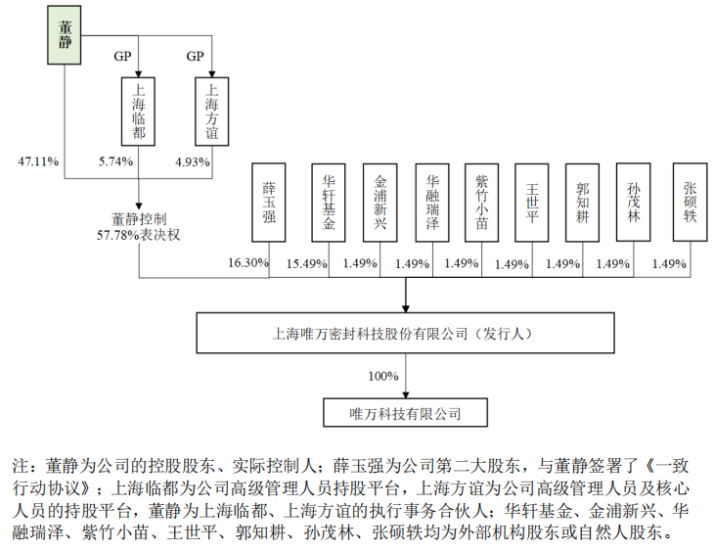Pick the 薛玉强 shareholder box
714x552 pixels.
pyautogui.click(x=269, y=202)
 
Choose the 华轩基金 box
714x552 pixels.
pyautogui.click(x=330, y=202)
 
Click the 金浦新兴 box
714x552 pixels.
pyautogui.click(x=380, y=202)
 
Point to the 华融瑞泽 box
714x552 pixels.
pyautogui.click(x=433, y=202)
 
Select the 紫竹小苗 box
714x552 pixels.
pyautogui.click(x=482, y=202)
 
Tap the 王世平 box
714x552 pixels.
pyautogui.click(x=533, y=202)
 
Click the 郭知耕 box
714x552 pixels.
pyautogui.click(x=584, y=202)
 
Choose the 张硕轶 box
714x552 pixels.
pyautogui.click(x=690, y=202)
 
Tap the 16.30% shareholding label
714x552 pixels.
pyautogui.click(x=248, y=262)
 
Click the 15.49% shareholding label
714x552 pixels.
pyautogui.click(x=305, y=262)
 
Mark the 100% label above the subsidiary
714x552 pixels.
pyautogui.click(x=383, y=375)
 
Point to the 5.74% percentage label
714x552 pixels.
pyautogui.click(x=115, y=161)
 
